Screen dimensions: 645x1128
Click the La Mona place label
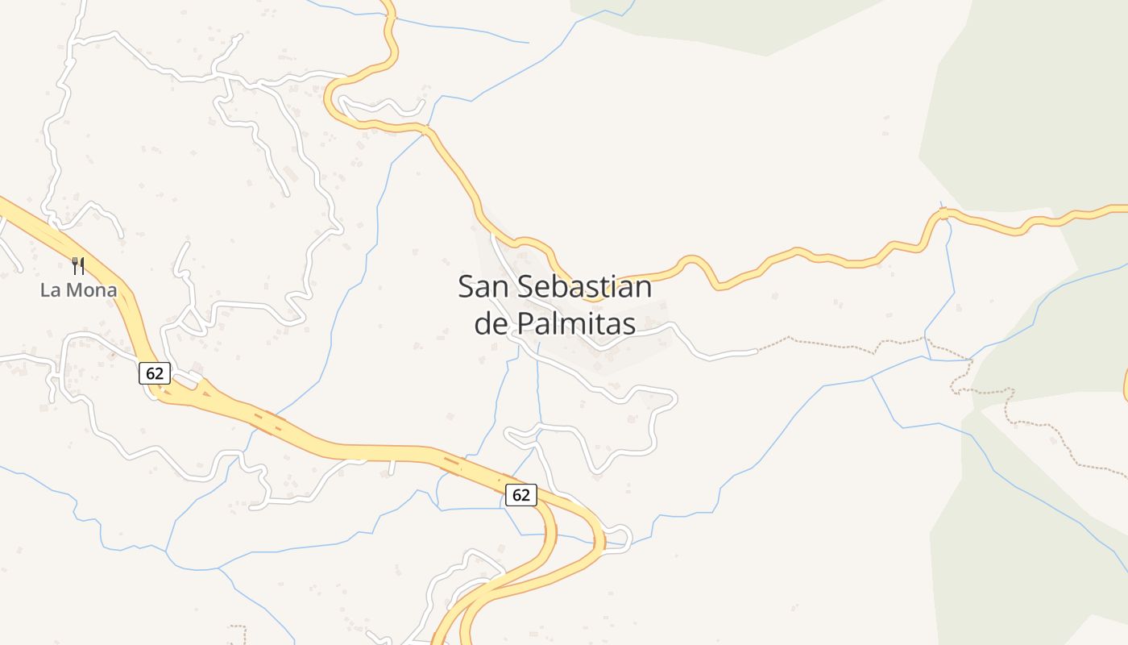coord(79,290)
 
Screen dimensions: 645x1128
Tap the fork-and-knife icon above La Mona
coord(78,265)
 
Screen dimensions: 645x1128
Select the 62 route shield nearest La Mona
coord(154,372)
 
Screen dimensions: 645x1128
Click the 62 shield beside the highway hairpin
coord(520,494)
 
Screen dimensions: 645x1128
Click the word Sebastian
coord(584,287)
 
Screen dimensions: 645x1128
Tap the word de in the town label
coord(490,323)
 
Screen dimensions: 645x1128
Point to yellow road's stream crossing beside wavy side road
coord(425,129)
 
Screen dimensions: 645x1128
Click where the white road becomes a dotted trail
coord(757,351)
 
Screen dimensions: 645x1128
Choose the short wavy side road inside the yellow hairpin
coord(383,107)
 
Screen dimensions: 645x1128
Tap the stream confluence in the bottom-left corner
coord(167,551)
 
